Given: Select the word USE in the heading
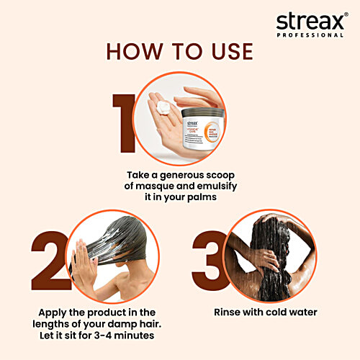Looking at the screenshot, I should (x=228, y=51).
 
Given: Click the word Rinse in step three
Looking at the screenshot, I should (x=229, y=313).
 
